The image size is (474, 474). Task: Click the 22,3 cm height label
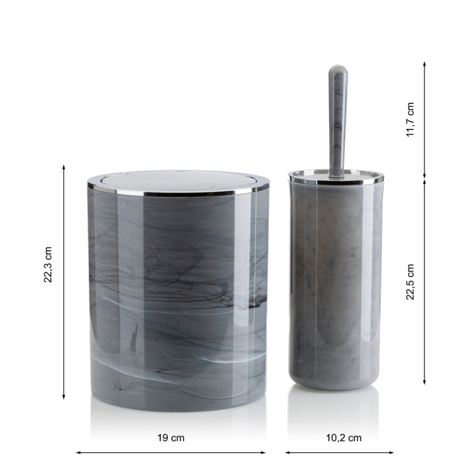pyautogui.click(x=48, y=264)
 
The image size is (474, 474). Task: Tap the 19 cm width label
pyautogui.click(x=171, y=438)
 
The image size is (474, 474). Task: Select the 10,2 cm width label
pyautogui.click(x=343, y=438)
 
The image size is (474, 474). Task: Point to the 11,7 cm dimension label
pyautogui.click(x=410, y=120)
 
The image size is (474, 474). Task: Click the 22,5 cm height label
pyautogui.click(x=410, y=282)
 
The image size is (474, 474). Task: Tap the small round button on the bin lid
pyautogui.click(x=200, y=187)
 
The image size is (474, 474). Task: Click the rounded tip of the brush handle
pyautogui.click(x=338, y=69)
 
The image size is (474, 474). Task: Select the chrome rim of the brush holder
pyautogui.click(x=335, y=179)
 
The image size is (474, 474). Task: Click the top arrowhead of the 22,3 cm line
pyautogui.click(x=63, y=167)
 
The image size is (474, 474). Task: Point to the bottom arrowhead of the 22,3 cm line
pyautogui.click(x=63, y=397)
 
